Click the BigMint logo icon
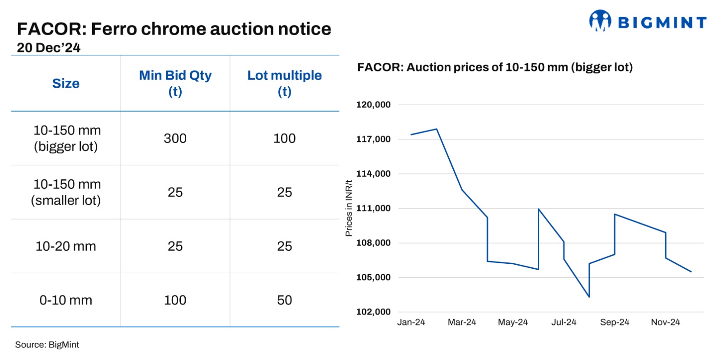tap(600, 21)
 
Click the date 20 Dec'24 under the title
tap(48, 48)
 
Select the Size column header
tap(66, 84)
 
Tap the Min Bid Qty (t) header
tap(175, 83)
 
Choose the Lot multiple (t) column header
tap(284, 83)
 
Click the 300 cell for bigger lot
tap(175, 138)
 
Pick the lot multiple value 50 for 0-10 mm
tap(284, 300)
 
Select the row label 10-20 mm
tap(66, 246)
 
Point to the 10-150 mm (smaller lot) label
tap(66, 192)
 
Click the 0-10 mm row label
tap(66, 300)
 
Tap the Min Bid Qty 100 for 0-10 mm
tap(175, 300)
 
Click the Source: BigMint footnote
tap(47, 345)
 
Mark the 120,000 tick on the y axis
tap(373, 105)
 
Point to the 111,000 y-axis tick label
tap(373, 208)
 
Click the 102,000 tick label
tap(373, 312)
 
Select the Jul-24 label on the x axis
tap(563, 322)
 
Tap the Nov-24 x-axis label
tap(665, 322)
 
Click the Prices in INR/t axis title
tap(348, 208)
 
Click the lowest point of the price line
tap(589, 297)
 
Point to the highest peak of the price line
tap(437, 129)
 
